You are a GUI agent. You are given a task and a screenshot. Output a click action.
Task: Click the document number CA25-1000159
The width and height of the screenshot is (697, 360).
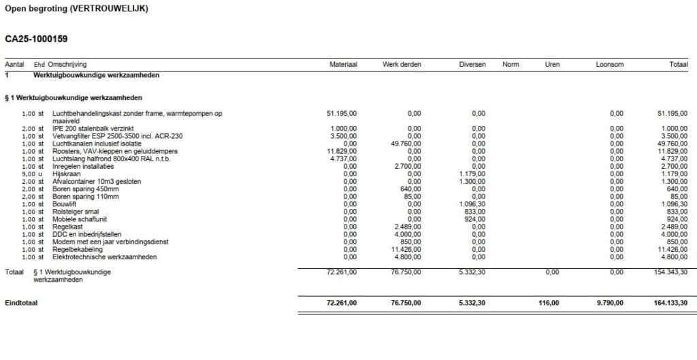point(36,39)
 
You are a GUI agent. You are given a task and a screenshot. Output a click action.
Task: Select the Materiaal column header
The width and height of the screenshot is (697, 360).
point(343,65)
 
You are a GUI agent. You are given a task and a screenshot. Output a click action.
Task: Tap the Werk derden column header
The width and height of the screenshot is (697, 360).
point(402,65)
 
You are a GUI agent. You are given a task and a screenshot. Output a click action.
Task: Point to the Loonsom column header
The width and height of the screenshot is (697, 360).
point(609,65)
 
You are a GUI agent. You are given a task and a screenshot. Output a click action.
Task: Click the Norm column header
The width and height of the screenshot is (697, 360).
point(510,65)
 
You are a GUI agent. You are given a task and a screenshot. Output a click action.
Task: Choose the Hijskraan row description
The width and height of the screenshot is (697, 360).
point(66,174)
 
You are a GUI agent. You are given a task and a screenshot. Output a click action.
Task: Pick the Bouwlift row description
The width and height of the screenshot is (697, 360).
point(65,203)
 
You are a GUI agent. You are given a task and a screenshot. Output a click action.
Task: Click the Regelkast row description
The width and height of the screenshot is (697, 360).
point(67,227)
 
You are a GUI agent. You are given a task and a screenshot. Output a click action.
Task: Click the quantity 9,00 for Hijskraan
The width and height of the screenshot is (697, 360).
point(28,174)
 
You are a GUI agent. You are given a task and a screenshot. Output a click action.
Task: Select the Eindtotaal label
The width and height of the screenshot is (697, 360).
point(21,303)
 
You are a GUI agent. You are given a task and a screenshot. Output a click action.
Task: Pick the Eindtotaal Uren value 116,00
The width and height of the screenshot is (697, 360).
point(548,303)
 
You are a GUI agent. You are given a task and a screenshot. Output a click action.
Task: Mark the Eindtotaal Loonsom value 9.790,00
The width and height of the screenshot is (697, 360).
point(608,303)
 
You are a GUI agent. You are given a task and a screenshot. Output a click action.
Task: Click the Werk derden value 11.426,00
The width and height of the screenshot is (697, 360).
point(406,249)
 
